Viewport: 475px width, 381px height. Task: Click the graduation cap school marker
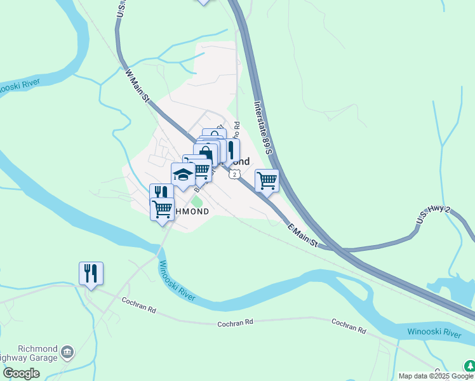click(183, 175)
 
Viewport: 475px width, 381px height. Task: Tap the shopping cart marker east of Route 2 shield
click(267, 180)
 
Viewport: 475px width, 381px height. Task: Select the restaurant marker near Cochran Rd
click(91, 274)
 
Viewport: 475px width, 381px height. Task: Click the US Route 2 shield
click(235, 174)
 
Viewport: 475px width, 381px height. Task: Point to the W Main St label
click(137, 87)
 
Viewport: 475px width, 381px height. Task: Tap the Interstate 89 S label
click(262, 127)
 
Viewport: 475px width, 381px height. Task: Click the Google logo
click(21, 373)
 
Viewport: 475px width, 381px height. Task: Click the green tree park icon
click(469, 366)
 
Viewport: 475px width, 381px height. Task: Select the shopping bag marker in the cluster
click(206, 154)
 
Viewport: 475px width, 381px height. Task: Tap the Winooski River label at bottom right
click(434, 333)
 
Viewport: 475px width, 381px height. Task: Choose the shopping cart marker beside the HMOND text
click(162, 208)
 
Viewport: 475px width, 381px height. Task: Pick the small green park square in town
click(197, 202)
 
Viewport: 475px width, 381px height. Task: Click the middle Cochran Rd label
click(235, 323)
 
